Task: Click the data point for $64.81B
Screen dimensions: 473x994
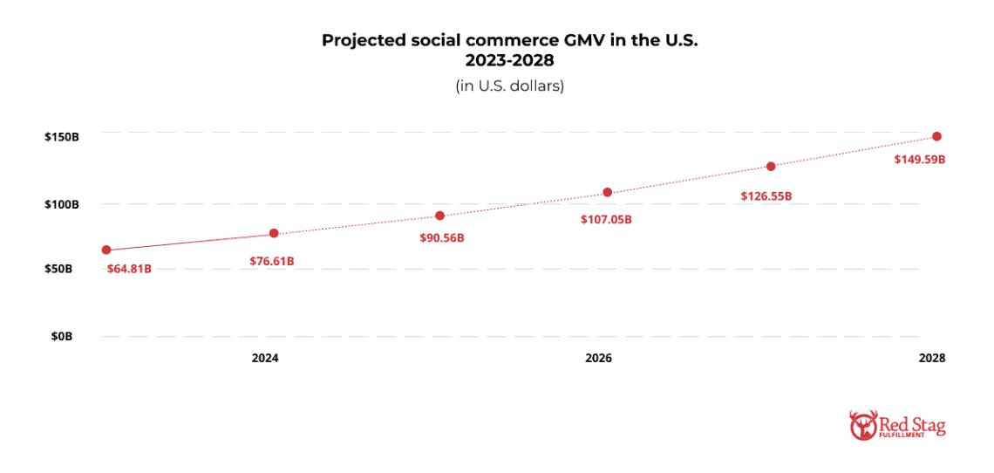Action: coord(106,250)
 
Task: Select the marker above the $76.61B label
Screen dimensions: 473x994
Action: coord(274,233)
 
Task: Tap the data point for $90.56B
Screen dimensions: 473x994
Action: coord(439,216)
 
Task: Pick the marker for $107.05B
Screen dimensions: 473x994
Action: coord(608,192)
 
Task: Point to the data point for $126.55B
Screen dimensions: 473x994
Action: coord(771,166)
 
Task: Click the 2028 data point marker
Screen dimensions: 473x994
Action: coord(936,136)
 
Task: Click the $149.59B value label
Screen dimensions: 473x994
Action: coord(920,160)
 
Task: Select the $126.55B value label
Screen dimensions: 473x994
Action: coord(766,195)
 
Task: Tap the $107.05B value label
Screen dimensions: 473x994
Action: coord(606,219)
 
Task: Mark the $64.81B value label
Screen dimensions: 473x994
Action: coord(129,269)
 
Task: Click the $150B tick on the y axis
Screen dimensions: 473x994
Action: coord(63,137)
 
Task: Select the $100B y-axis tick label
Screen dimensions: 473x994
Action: coord(63,204)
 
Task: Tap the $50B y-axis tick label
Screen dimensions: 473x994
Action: coord(65,269)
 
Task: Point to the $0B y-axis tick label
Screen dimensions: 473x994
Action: coord(69,336)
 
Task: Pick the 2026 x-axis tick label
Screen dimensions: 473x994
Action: coord(598,359)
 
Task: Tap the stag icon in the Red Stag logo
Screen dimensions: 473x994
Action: coord(861,426)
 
